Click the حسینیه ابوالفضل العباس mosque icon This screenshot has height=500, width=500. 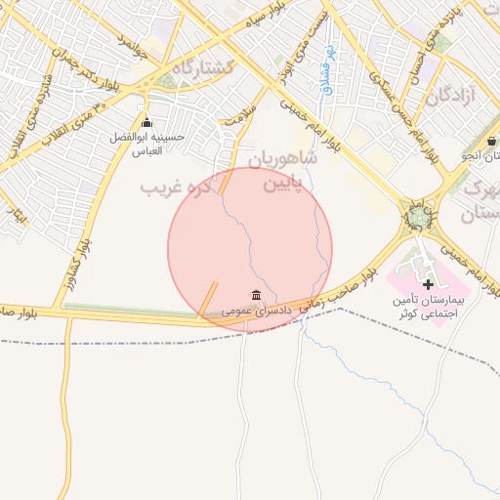146,123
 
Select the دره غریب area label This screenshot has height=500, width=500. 177,186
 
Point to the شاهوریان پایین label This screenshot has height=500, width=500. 283,169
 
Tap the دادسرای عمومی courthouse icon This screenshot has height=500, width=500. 256,295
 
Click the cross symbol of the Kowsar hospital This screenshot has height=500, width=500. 428,283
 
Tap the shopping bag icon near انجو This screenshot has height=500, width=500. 491,141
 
